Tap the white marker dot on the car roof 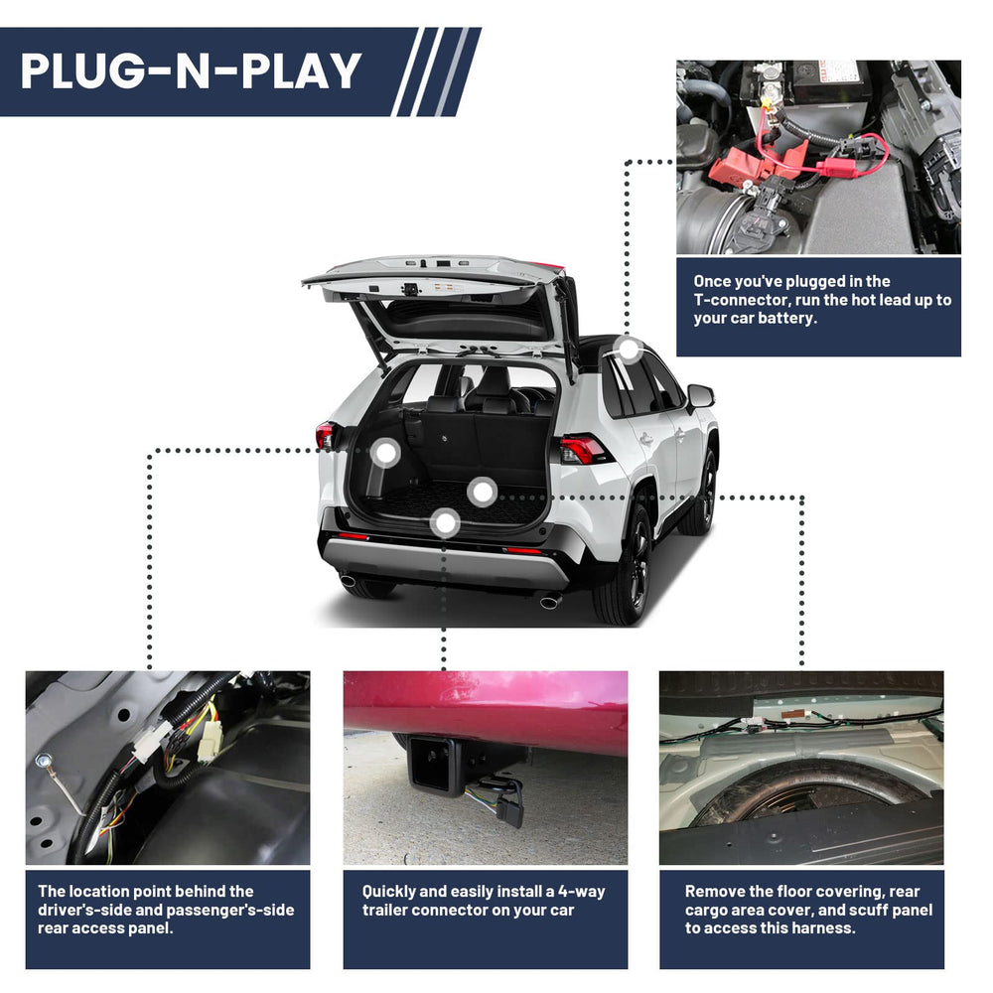point(629,350)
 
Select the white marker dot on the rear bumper point(445,523)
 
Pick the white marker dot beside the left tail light point(385,453)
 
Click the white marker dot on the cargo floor point(483,492)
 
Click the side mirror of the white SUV point(700,396)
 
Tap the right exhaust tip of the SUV point(550,601)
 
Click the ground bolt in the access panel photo point(43,760)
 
